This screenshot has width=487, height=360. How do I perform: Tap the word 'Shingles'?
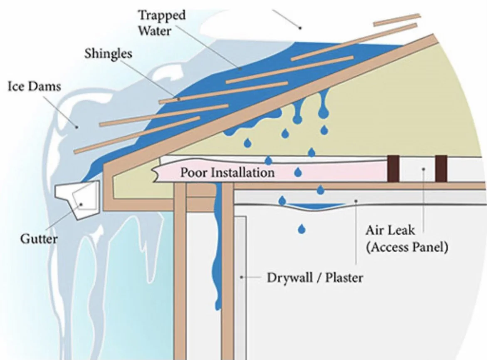coord(108,54)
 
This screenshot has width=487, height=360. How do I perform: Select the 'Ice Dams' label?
coord(35,87)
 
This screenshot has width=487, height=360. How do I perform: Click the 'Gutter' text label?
coord(39,239)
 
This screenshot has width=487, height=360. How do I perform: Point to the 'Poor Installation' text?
coord(227,172)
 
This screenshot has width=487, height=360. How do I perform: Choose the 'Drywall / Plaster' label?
coord(315,278)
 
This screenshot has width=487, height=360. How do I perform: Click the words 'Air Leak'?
coord(393,230)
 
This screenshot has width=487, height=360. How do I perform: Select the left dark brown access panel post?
coord(393,168)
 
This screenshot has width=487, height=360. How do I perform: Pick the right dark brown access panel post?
coord(441,168)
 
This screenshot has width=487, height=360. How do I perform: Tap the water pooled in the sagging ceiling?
coord(316,206)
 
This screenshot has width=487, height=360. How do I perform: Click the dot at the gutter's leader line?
coord(82,204)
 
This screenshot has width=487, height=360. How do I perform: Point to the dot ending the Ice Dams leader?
coord(76,127)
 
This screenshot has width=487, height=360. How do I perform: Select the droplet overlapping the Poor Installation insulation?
coord(298,172)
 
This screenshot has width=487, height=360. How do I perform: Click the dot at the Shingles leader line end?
coord(178,99)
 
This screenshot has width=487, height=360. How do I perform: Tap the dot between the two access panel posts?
coord(423,169)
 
